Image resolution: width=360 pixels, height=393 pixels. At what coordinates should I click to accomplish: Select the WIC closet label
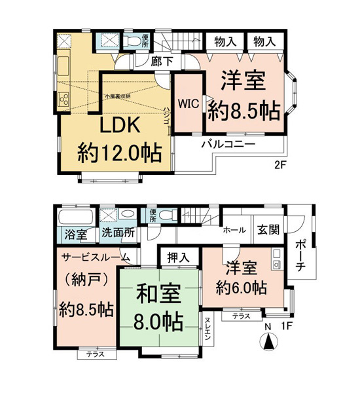(188, 103)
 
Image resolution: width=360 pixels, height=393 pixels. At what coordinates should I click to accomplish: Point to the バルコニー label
(228, 142)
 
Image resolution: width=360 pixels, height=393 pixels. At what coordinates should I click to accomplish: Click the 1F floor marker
(286, 324)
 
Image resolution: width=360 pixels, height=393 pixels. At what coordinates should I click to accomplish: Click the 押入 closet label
(175, 257)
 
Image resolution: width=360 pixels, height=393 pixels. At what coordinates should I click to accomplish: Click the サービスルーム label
(95, 257)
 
